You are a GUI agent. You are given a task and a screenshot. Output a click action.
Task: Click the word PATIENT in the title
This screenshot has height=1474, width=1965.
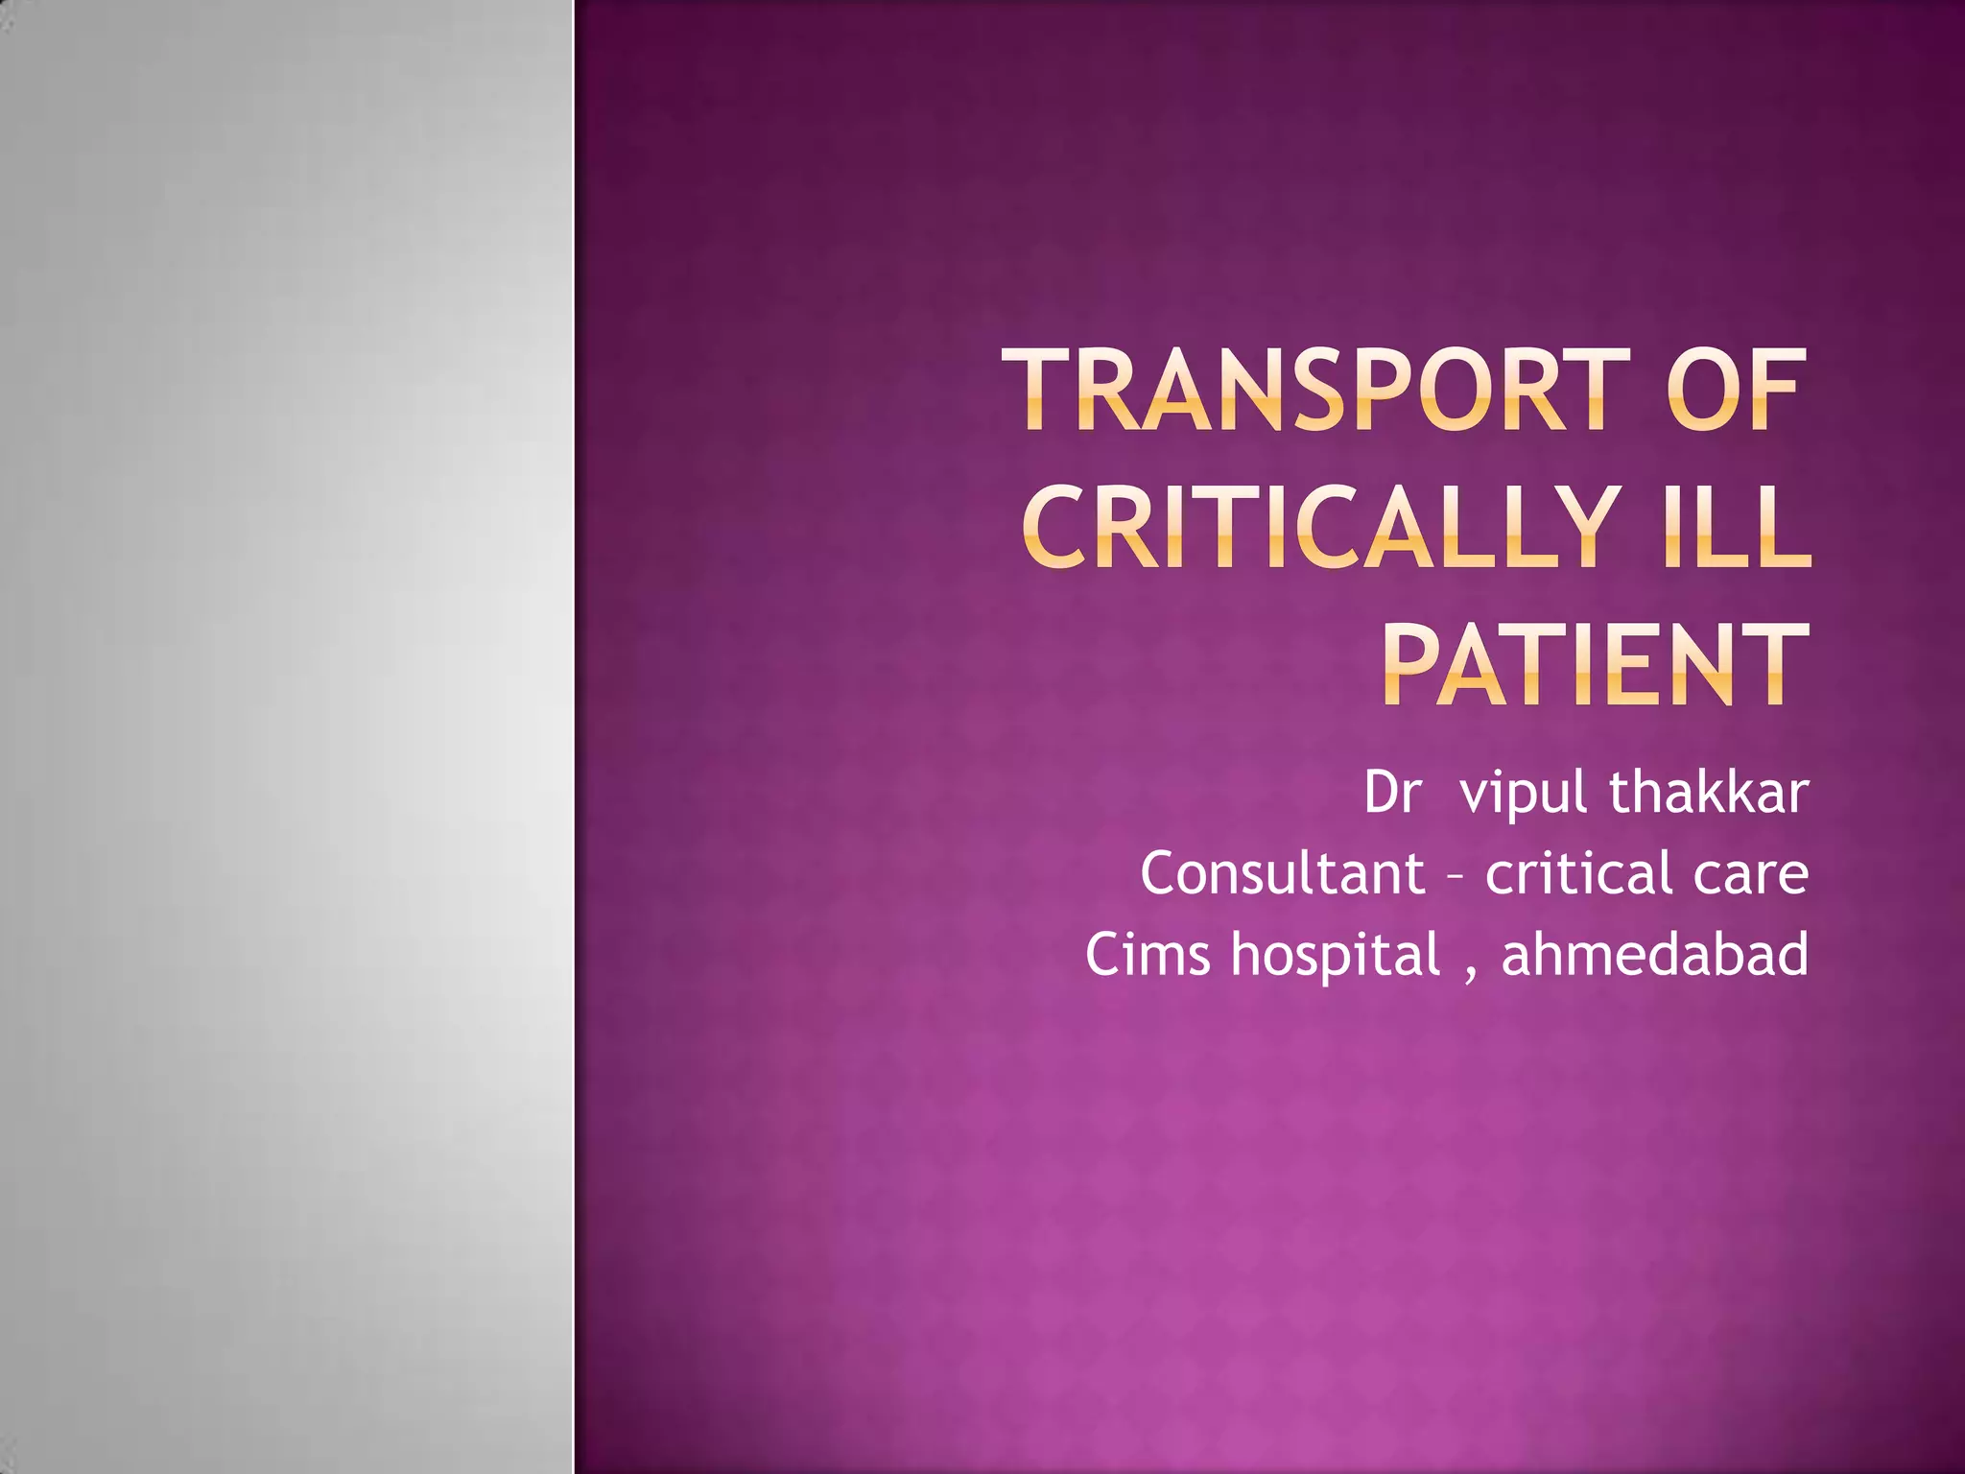click(x=1595, y=664)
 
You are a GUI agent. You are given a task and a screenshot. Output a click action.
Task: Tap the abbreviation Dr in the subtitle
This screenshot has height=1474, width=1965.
click(x=1391, y=793)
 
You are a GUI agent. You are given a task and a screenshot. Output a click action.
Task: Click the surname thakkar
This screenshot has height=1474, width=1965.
click(x=1709, y=793)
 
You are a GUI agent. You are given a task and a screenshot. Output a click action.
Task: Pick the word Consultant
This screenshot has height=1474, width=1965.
click(x=1283, y=873)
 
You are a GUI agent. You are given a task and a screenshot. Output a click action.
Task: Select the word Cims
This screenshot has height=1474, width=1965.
click(x=1148, y=954)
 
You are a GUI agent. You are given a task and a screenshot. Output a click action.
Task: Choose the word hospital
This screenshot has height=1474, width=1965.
click(x=1337, y=956)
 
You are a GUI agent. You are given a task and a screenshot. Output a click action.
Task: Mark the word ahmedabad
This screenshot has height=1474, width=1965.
click(x=1655, y=954)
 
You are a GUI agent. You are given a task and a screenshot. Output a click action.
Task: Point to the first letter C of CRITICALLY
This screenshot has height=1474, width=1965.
click(x=1054, y=527)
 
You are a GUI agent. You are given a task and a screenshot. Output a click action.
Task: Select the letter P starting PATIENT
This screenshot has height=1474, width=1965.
click(x=1414, y=664)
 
